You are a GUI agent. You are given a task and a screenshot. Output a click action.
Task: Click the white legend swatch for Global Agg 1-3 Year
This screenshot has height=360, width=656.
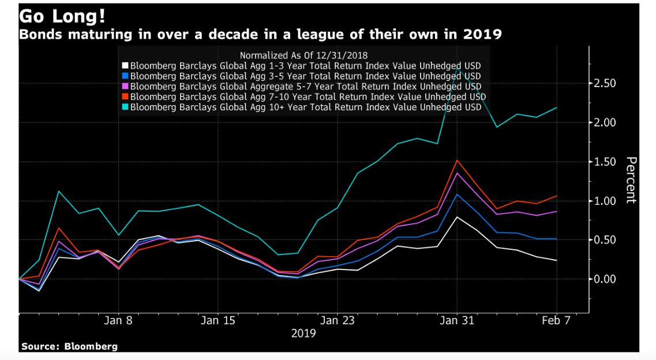125,66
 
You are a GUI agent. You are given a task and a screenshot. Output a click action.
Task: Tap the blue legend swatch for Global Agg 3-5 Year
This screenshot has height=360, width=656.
125,76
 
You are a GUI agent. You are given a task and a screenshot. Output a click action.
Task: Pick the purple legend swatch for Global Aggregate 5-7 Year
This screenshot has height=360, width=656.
125,87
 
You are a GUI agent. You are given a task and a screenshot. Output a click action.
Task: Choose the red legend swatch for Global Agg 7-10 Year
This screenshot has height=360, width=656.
125,97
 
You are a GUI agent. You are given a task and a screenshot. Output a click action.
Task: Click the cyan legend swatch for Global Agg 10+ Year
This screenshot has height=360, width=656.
125,107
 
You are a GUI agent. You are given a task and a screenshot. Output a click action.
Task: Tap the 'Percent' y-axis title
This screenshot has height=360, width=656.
631,180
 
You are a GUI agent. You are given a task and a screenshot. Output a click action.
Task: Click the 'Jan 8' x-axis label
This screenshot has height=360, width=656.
119,320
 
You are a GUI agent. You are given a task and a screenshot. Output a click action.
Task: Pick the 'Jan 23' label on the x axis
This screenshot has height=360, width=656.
338,320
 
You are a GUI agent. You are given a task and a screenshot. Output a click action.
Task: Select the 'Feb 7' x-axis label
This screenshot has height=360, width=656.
557,320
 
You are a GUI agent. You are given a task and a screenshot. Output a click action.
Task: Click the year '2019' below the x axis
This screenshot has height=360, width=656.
303,333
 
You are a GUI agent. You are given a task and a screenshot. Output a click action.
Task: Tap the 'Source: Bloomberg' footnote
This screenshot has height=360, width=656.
69,346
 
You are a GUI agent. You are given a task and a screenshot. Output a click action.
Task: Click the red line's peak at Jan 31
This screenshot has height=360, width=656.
457,160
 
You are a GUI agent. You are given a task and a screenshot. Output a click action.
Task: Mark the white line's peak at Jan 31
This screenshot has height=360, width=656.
457,217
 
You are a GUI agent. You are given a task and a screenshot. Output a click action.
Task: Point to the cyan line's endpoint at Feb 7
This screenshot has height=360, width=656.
557,107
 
